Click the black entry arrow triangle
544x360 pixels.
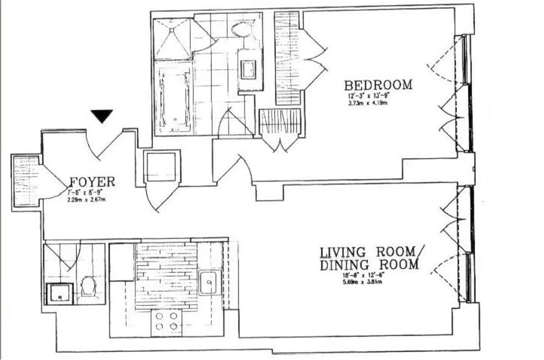[102, 116]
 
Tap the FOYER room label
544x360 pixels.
[92, 182]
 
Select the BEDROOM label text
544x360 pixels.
[378, 85]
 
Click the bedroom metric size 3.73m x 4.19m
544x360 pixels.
[367, 103]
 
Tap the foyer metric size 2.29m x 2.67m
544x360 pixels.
[85, 199]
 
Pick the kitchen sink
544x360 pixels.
[208, 283]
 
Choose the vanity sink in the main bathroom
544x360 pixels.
[249, 70]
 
